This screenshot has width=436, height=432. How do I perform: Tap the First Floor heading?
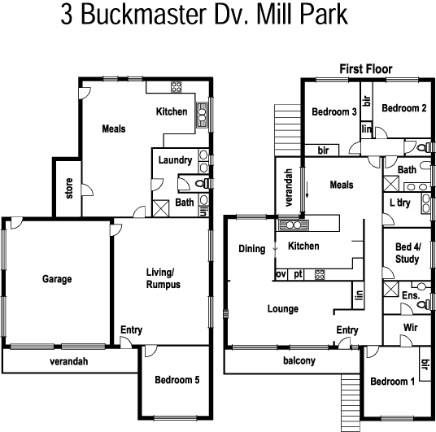click(365, 70)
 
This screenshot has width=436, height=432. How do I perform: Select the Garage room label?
click(57, 279)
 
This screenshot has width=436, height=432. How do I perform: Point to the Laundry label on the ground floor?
click(174, 159)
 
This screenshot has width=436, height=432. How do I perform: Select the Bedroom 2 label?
click(404, 108)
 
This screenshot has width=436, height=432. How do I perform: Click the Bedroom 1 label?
click(392, 382)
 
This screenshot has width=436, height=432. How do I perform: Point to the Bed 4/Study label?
click(407, 252)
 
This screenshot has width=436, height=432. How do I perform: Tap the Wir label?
click(411, 327)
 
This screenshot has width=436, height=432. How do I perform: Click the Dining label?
click(251, 249)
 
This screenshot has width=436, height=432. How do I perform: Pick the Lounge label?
click(282, 309)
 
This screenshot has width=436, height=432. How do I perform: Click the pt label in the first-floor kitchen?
click(299, 274)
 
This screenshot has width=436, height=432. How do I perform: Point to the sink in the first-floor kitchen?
click(291, 225)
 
